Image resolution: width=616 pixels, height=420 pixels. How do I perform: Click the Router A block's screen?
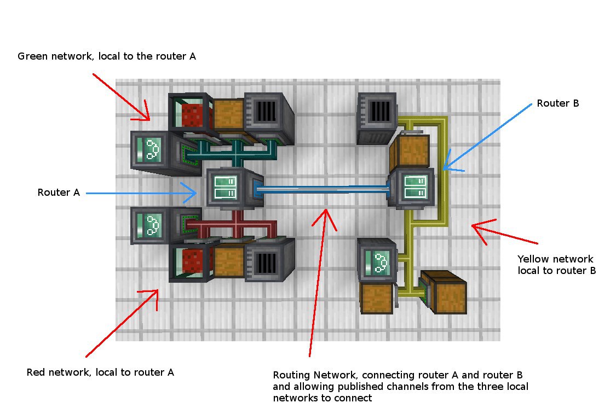(x=226, y=187)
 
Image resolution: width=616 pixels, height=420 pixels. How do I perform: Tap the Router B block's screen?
(x=415, y=187)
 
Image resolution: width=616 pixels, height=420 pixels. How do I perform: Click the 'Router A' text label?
(x=59, y=192)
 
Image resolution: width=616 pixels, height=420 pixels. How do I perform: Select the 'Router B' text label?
(x=558, y=103)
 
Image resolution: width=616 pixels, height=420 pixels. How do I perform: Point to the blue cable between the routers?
(x=322, y=189)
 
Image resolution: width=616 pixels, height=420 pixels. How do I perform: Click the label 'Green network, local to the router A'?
(x=106, y=56)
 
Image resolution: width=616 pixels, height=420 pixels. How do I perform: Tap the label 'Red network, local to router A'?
(x=100, y=372)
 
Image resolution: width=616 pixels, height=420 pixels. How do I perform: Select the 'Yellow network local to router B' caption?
(x=556, y=265)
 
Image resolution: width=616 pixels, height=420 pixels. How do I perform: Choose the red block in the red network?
(x=192, y=261)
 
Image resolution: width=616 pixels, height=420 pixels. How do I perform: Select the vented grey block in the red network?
(x=269, y=261)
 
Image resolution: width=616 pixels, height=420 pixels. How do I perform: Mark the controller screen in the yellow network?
(x=377, y=262)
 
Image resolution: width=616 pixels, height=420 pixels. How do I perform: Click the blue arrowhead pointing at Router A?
(x=190, y=192)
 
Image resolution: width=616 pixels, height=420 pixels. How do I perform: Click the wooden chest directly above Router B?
(x=410, y=151)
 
